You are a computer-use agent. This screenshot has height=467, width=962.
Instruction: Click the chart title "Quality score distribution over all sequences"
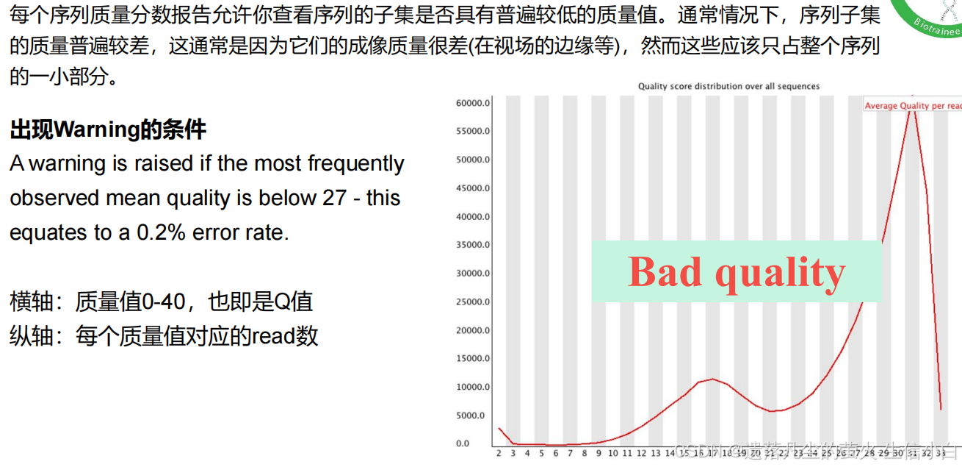tap(728, 86)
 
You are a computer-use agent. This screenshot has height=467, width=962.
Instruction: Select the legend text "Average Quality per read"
tap(913, 106)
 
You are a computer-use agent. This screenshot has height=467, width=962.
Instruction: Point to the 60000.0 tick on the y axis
tap(472, 103)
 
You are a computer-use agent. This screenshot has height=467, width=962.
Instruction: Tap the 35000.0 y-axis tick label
tap(472, 245)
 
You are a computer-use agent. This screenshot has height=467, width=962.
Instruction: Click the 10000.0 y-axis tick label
tap(472, 387)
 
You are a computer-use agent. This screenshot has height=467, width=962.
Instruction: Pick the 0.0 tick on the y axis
tap(462, 443)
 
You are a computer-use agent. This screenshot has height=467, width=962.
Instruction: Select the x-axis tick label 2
tap(499, 454)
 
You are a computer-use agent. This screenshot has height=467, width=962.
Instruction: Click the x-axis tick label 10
tap(612, 454)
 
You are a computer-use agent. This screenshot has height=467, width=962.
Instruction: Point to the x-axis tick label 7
tap(570, 454)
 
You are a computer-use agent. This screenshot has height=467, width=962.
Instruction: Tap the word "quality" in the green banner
tap(780, 273)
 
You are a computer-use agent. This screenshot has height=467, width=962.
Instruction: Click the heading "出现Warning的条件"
tap(108, 130)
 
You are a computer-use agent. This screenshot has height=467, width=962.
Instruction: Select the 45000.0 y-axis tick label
tap(472, 188)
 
